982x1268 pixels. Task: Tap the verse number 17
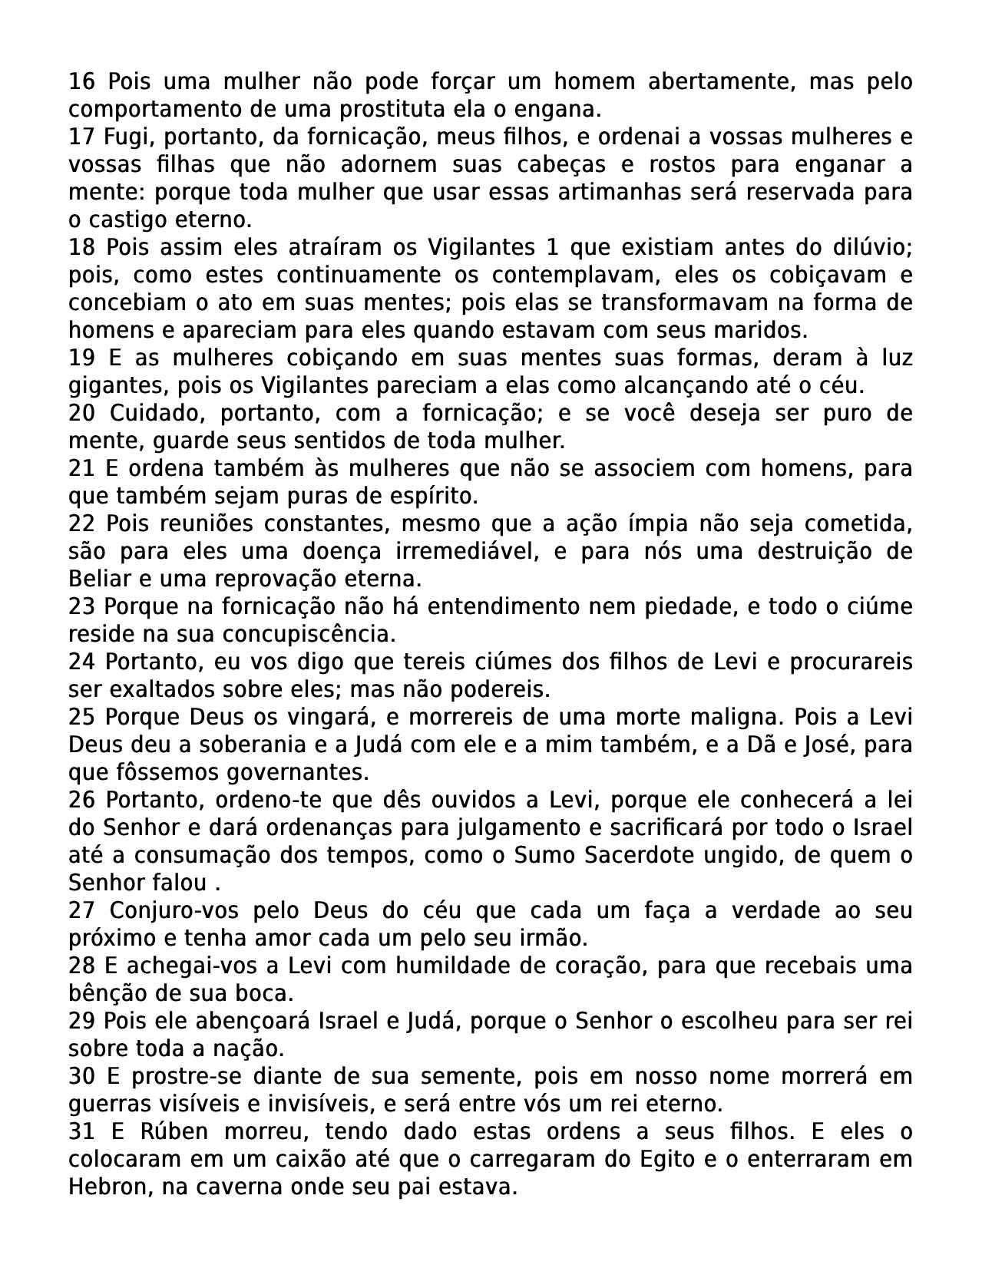pyautogui.click(x=81, y=137)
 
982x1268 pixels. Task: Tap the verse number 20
pyautogui.click(x=82, y=413)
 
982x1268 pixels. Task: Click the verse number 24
pyautogui.click(x=81, y=662)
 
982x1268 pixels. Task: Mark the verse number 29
pyautogui.click(x=81, y=1021)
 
